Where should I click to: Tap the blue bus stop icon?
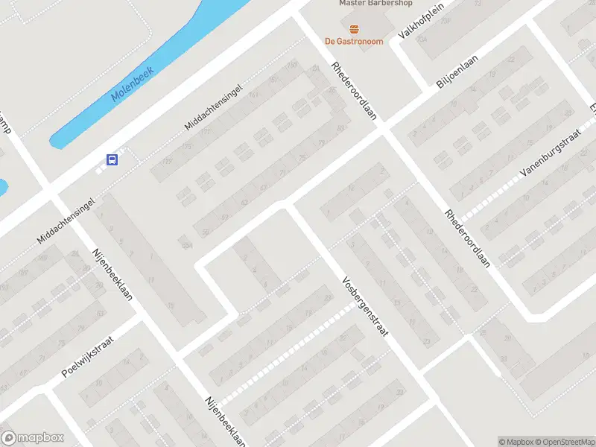tap(112, 159)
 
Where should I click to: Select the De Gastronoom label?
tap(354, 42)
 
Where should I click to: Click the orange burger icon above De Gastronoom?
tap(354, 29)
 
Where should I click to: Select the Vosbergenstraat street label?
tap(365, 307)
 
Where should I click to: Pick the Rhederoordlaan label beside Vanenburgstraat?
tap(468, 238)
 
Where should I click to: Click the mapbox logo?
tap(33, 438)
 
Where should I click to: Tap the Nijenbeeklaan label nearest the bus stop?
tap(112, 273)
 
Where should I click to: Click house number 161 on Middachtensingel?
tap(253, 95)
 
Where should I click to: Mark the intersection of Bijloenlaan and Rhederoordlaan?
tap(383, 128)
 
